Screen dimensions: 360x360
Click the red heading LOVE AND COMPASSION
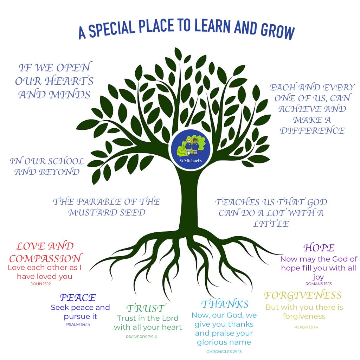[45, 252]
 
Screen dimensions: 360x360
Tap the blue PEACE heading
[78, 297]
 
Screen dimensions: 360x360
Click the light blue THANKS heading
[225, 303]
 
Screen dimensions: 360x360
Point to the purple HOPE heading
[319, 247]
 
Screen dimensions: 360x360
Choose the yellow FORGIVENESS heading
[303, 295]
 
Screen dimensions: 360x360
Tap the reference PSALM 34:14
[78, 324]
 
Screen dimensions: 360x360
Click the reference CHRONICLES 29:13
[224, 351]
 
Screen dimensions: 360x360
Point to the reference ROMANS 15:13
[319, 284]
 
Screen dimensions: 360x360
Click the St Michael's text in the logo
[190, 161]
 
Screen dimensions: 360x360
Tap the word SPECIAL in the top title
[112, 30]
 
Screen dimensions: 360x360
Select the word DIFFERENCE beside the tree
[312, 131]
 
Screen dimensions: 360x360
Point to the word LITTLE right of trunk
[271, 224]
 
